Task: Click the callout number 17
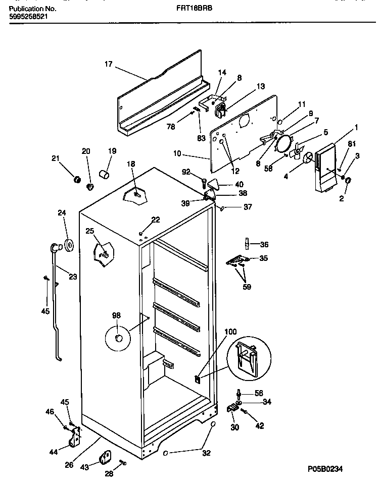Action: click(108, 64)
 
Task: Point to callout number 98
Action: click(116, 315)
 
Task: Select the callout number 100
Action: click(230, 332)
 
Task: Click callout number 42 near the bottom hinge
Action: click(260, 426)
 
